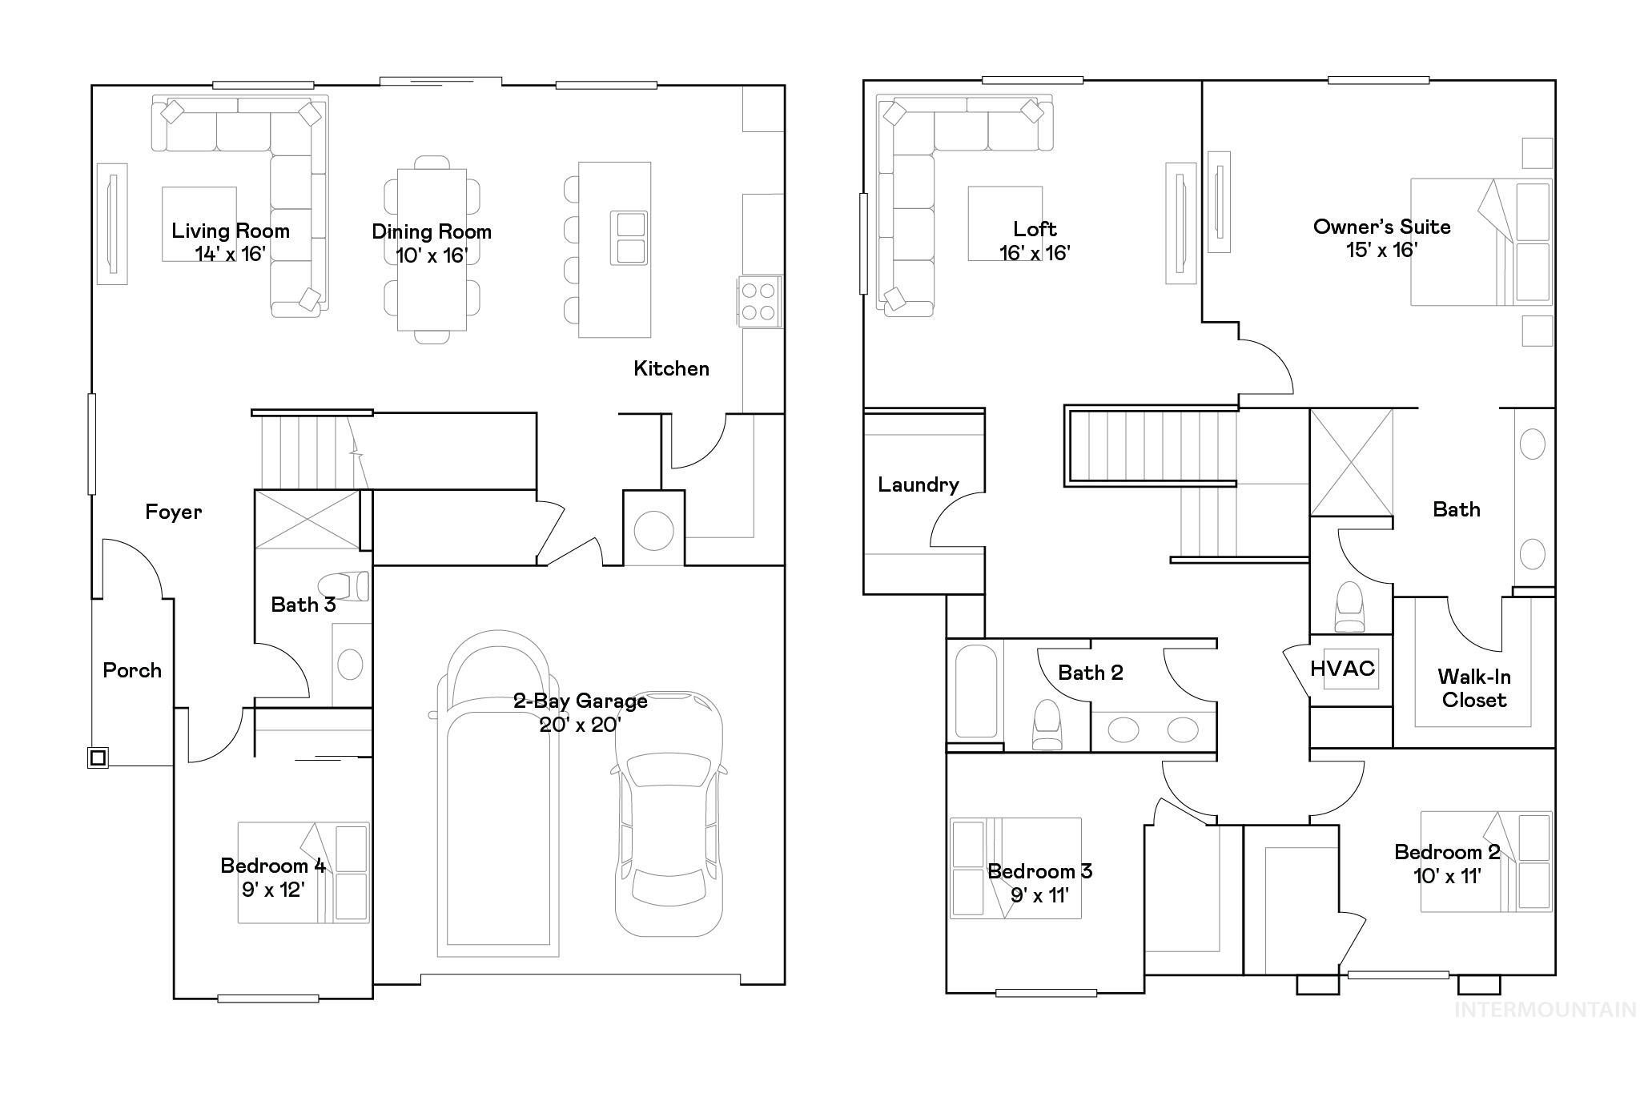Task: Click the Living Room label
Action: [231, 231]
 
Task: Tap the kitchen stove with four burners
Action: [759, 301]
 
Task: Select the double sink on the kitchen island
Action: [629, 238]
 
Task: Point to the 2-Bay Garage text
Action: [580, 701]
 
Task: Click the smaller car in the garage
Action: [669, 814]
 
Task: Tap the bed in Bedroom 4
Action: [303, 873]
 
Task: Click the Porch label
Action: [132, 671]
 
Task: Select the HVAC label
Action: [1342, 669]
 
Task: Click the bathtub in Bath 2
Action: [975, 690]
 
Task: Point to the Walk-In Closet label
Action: [1473, 689]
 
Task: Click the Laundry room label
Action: [918, 484]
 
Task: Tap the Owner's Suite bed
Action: [1480, 242]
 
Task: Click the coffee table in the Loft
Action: [1005, 223]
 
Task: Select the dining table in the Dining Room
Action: [432, 249]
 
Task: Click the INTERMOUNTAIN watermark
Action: [1545, 1010]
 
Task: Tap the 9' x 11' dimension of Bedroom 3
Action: [1039, 895]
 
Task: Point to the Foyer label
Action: [173, 512]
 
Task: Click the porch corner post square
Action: [98, 757]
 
